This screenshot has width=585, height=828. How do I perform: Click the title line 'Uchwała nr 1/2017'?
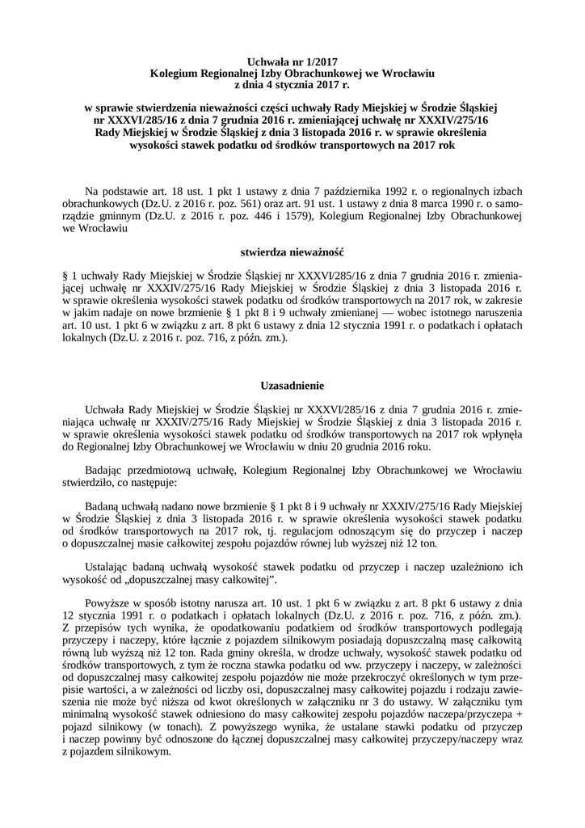click(292, 61)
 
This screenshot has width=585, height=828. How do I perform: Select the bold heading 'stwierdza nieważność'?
click(292, 252)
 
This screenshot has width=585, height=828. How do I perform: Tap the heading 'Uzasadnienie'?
click(292, 387)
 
